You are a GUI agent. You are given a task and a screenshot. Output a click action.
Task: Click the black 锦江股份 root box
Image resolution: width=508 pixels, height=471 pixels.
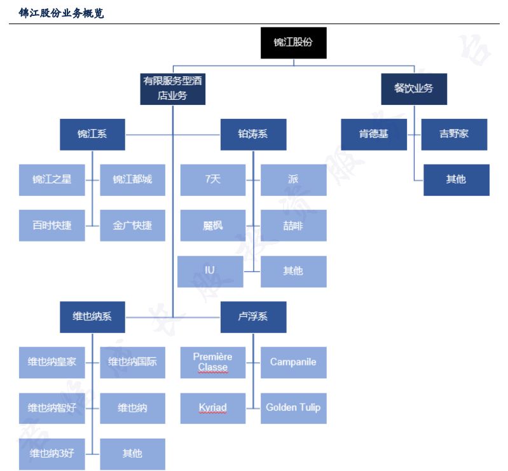[293, 43]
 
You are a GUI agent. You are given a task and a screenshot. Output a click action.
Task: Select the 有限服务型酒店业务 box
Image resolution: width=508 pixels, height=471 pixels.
[173, 88]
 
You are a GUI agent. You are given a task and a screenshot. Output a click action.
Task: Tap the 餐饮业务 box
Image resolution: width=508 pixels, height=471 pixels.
[413, 88]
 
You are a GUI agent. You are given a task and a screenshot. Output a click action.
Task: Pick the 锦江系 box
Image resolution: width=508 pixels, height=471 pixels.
[92, 134]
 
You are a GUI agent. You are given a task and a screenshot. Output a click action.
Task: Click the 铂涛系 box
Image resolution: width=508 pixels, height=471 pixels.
[253, 134]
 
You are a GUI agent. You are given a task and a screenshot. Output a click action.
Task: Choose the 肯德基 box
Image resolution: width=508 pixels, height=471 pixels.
[373, 134]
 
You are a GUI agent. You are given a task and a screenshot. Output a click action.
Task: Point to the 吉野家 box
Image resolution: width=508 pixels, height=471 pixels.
[454, 134]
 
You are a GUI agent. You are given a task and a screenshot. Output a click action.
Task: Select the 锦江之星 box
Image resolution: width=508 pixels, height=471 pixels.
[51, 179]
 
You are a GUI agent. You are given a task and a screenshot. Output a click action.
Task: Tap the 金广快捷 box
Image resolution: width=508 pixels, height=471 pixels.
[132, 225]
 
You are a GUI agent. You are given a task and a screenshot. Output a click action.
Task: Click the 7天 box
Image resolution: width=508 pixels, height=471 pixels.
[212, 179]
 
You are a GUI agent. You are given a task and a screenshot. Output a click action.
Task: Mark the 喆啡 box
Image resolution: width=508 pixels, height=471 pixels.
[293, 225]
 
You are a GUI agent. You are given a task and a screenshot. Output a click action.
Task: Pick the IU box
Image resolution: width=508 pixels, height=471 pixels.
[210, 271]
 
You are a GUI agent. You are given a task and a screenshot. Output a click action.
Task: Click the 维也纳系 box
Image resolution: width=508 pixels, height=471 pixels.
[92, 317]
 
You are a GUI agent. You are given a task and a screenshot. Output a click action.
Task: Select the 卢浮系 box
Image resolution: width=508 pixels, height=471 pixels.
[253, 317]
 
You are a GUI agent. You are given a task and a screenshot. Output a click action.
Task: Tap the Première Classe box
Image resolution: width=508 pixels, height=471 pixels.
[212, 362]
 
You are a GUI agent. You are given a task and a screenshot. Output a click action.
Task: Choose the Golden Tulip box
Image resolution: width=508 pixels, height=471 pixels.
[293, 407]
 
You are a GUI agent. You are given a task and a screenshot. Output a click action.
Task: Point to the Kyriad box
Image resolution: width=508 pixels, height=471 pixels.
[212, 407]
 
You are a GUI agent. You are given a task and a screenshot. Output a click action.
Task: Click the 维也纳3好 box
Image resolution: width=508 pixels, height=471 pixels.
[51, 453]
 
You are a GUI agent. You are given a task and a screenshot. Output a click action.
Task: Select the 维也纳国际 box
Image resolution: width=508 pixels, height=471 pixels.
[132, 362]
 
